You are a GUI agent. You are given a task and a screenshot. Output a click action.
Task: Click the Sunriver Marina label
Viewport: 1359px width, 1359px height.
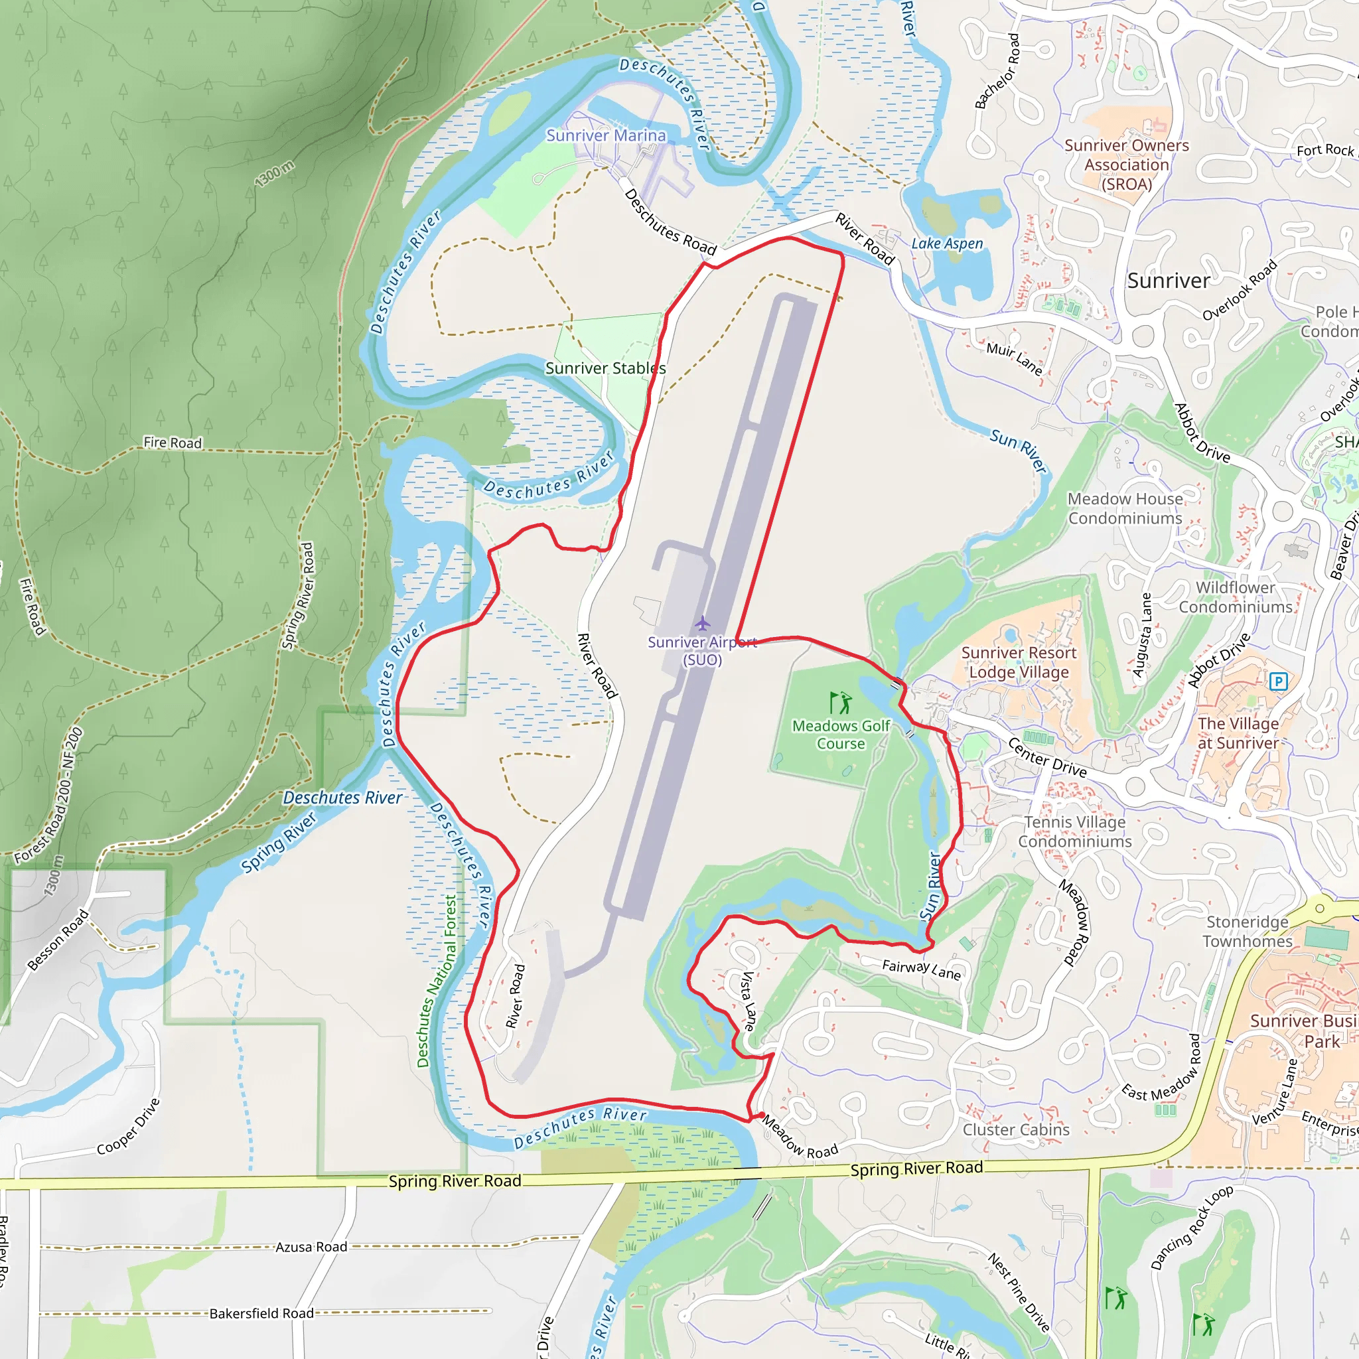tap(606, 135)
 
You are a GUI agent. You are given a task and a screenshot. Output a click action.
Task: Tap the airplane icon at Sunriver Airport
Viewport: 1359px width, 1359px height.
tap(702, 623)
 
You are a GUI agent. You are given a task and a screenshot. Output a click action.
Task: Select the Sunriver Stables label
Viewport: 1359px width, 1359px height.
tap(606, 368)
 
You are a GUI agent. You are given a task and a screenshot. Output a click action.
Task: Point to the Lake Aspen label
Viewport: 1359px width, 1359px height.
tap(947, 244)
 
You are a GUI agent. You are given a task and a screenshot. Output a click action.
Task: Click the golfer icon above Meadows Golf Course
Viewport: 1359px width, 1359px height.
tap(841, 702)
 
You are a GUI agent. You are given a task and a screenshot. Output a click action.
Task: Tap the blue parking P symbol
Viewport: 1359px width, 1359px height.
tap(1278, 681)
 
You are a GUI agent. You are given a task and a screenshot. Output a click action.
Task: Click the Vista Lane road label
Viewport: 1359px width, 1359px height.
tap(749, 1000)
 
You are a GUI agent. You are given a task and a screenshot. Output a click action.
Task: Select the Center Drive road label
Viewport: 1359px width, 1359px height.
tap(1046, 757)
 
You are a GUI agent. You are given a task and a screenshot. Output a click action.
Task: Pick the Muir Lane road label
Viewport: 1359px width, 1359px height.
tap(1014, 358)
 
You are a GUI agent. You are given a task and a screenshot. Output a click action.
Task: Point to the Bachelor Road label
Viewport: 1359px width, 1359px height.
tap(997, 71)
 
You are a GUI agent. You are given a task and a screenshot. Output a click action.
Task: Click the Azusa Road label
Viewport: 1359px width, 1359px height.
tap(311, 1247)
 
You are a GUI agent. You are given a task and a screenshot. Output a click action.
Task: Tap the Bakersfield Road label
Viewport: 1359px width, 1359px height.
tap(261, 1313)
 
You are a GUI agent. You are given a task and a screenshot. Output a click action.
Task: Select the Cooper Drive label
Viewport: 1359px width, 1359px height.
tap(128, 1126)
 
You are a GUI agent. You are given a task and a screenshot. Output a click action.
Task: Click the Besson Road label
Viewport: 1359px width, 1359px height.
tap(58, 940)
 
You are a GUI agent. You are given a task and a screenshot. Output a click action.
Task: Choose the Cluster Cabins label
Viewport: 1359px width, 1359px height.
tap(1016, 1129)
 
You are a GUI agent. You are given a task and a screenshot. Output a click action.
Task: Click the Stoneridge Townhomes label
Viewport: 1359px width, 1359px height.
tap(1247, 931)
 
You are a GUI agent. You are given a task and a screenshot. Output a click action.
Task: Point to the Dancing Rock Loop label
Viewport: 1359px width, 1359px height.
tap(1192, 1228)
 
